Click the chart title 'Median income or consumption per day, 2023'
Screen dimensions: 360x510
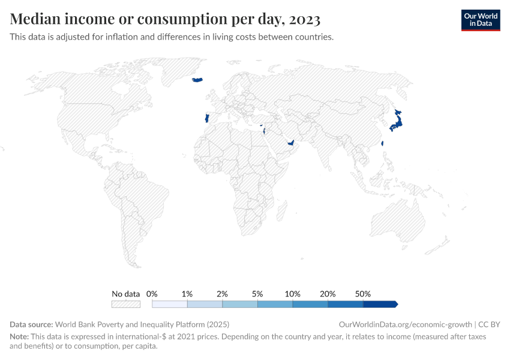coord(165,19)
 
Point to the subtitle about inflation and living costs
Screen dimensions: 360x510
coord(172,37)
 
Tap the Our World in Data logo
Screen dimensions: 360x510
coord(480,19)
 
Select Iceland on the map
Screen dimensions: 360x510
coord(197,79)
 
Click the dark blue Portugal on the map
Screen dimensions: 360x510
coord(206,118)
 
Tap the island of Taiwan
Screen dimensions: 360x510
coord(383,143)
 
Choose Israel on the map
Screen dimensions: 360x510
coord(264,131)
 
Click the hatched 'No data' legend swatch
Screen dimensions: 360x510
coord(126,304)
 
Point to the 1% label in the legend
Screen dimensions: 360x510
coord(187,294)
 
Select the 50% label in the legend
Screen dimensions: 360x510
coord(363,294)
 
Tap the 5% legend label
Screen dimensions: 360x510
coord(257,294)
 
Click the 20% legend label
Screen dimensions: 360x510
coord(328,294)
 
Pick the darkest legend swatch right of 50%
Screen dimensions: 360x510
coord(380,304)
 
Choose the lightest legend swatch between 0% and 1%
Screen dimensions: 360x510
coord(170,304)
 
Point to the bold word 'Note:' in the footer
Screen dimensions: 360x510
coord(19,337)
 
